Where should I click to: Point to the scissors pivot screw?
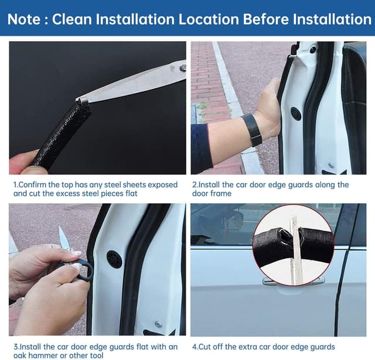pos(183,68)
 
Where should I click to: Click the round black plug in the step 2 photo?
pos(296,114)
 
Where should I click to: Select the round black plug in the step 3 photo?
pos(114,259)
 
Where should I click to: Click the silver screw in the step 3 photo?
pos(158,324)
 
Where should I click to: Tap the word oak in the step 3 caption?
pos(21,356)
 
